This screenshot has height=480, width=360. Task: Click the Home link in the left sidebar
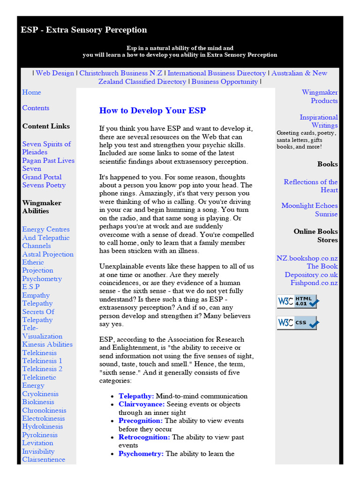31,92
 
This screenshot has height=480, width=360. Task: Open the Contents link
36,108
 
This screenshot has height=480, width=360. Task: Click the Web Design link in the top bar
55,73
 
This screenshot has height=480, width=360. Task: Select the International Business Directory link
217,73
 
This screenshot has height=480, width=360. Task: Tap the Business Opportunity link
225,82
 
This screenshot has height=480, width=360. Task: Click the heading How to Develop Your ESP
152,111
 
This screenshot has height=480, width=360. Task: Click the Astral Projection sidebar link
48,254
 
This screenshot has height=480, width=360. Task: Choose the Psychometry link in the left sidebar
42,278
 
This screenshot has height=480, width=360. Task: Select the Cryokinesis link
40,394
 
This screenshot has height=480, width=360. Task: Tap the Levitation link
37,443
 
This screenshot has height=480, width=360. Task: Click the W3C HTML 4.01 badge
297,301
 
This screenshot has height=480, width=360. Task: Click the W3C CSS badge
297,323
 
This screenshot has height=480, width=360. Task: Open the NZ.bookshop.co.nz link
307,258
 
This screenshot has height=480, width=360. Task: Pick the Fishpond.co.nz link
314,283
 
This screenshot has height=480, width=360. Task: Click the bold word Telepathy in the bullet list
136,396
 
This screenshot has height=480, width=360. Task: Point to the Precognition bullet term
141,421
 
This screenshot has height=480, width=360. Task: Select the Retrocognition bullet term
144,437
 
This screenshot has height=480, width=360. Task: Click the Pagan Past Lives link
48,160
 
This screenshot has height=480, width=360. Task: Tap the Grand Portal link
42,177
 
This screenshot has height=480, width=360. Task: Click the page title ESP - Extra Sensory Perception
84,30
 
